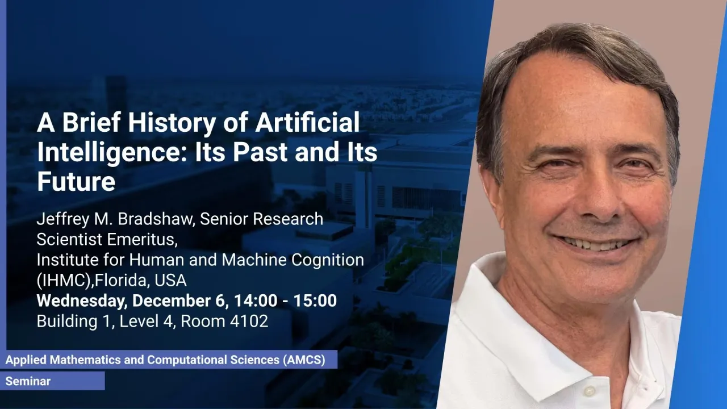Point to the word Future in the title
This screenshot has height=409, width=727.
click(x=76, y=182)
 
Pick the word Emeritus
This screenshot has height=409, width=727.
click(x=142, y=240)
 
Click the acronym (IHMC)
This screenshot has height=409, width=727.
click(x=65, y=280)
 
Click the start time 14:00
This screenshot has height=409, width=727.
click(x=256, y=301)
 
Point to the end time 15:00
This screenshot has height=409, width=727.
click(x=315, y=301)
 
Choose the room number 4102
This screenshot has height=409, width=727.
click(x=249, y=322)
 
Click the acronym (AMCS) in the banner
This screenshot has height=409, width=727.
click(x=304, y=360)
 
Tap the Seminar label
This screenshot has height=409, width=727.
click(x=28, y=381)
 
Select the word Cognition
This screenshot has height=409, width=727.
click(x=328, y=260)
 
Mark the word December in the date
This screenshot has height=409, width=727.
click(x=178, y=301)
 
